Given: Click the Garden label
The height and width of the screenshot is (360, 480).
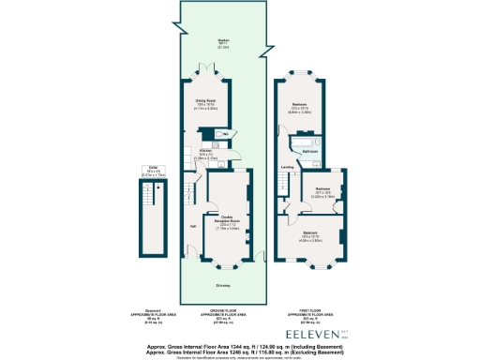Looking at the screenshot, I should (223, 42).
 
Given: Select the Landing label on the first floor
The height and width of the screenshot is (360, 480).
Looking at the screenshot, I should (285, 169).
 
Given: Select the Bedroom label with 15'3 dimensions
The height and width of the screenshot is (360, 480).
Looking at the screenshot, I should (300, 106).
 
